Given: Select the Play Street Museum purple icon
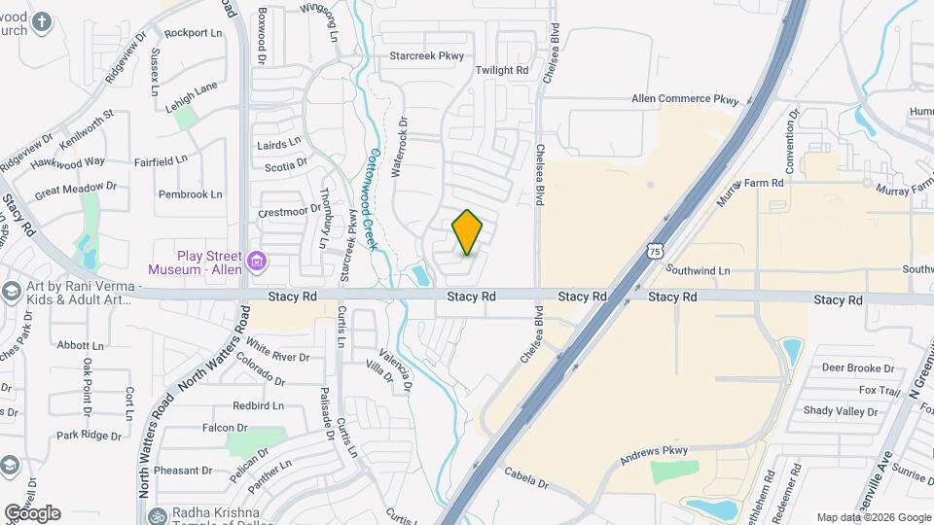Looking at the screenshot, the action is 257,261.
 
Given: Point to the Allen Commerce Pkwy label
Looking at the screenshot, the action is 685,99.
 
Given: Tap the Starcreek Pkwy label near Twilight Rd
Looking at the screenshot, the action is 426,56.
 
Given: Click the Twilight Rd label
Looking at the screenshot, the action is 501,71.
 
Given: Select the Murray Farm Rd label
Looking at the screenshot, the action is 750,183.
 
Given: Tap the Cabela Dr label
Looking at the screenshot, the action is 526,478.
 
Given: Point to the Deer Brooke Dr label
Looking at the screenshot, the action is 857,368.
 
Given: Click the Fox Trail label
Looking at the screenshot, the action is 880,390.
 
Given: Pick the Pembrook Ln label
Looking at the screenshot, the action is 191,194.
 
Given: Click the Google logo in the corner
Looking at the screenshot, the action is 32,512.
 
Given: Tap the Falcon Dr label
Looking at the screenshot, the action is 226,428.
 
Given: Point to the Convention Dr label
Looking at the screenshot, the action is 791,142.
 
